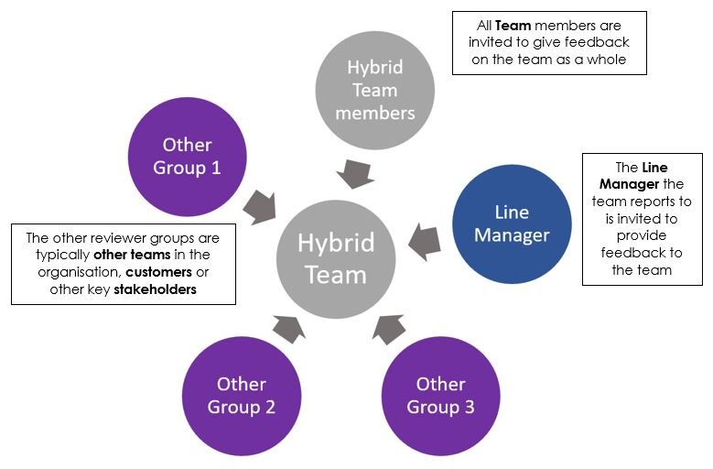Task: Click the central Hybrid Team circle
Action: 336,257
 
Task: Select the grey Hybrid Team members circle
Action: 374,90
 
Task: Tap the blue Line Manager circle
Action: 513,223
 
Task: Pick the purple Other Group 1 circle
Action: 188,157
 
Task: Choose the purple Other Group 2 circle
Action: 242,395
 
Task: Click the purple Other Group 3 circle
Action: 440,395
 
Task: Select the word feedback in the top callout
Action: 600,43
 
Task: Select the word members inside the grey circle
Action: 374,114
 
